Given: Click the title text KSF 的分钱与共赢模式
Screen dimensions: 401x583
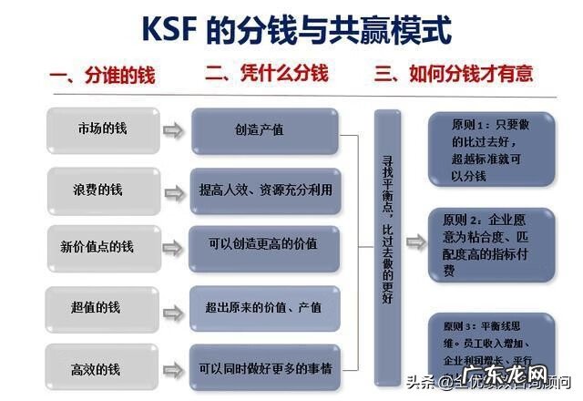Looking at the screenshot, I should pyautogui.click(x=296, y=29).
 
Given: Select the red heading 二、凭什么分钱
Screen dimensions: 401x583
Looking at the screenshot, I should pyautogui.click(x=266, y=73).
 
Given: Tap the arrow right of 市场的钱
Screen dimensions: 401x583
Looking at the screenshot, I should pyautogui.click(x=172, y=129).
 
